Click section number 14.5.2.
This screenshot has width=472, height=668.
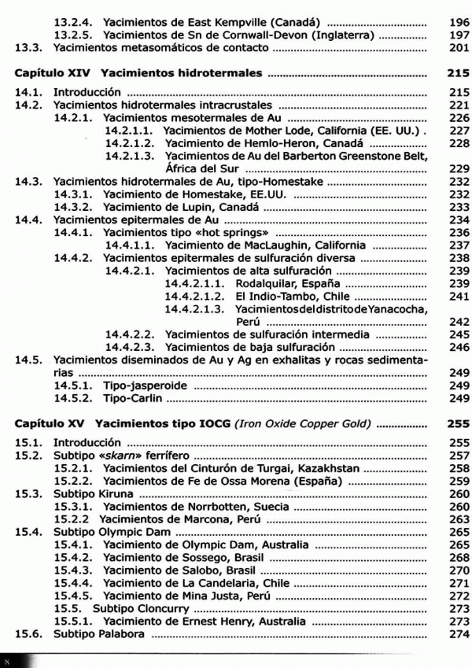75,399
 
